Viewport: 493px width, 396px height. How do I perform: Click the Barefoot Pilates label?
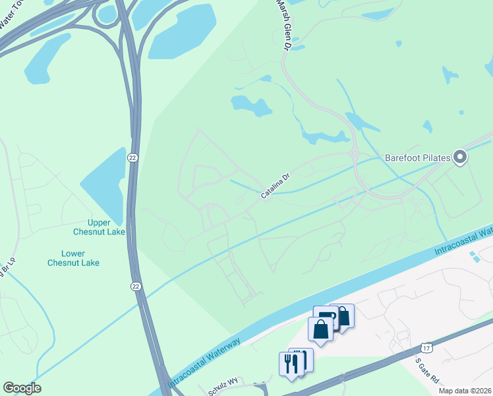418,158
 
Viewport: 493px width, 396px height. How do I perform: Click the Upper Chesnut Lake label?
99,227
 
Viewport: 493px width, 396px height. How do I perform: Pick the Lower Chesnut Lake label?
73,258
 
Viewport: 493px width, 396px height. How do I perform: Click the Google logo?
22,388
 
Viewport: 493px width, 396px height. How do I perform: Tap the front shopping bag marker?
320,329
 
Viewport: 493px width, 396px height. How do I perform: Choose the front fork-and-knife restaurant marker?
291,364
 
